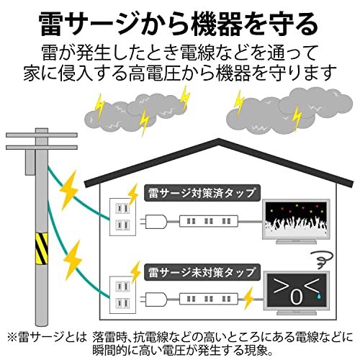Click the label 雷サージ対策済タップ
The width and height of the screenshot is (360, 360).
coord(202,193)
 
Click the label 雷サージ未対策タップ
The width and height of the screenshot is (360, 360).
coord(202,272)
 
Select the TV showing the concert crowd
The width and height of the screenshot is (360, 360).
coord(297,221)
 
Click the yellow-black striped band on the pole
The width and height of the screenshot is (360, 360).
coord(41,248)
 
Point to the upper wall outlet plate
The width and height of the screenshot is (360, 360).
coord(122,217)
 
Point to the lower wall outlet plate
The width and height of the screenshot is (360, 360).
coord(122,294)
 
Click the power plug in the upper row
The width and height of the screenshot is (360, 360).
coord(153,222)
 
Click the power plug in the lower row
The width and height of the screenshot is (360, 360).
coord(153,300)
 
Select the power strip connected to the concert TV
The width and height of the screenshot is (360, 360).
coord(209,221)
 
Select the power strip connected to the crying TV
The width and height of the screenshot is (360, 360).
coord(209,300)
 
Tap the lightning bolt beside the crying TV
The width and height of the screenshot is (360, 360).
coord(248,298)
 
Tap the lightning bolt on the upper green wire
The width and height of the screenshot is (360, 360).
coord(69,190)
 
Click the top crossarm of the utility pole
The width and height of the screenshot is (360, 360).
coord(42,135)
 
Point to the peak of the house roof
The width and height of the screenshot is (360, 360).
coord(219,139)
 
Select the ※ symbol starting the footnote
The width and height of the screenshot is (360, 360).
coord(12,337)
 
